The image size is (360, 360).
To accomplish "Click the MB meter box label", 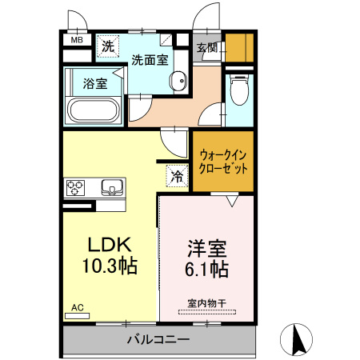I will (x=78, y=39).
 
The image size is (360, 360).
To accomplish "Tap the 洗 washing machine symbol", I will (x=107, y=46).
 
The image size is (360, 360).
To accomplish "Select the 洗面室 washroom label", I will (x=150, y=59).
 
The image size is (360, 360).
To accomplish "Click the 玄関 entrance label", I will (x=207, y=48).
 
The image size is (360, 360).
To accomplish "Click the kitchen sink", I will (x=113, y=189).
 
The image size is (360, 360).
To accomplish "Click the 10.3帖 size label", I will (x=110, y=266).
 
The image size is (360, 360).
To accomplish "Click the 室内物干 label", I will (x=206, y=302).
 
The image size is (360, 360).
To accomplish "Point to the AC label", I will (x=77, y=307).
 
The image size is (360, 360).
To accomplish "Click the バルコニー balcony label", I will (x=158, y=340).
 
